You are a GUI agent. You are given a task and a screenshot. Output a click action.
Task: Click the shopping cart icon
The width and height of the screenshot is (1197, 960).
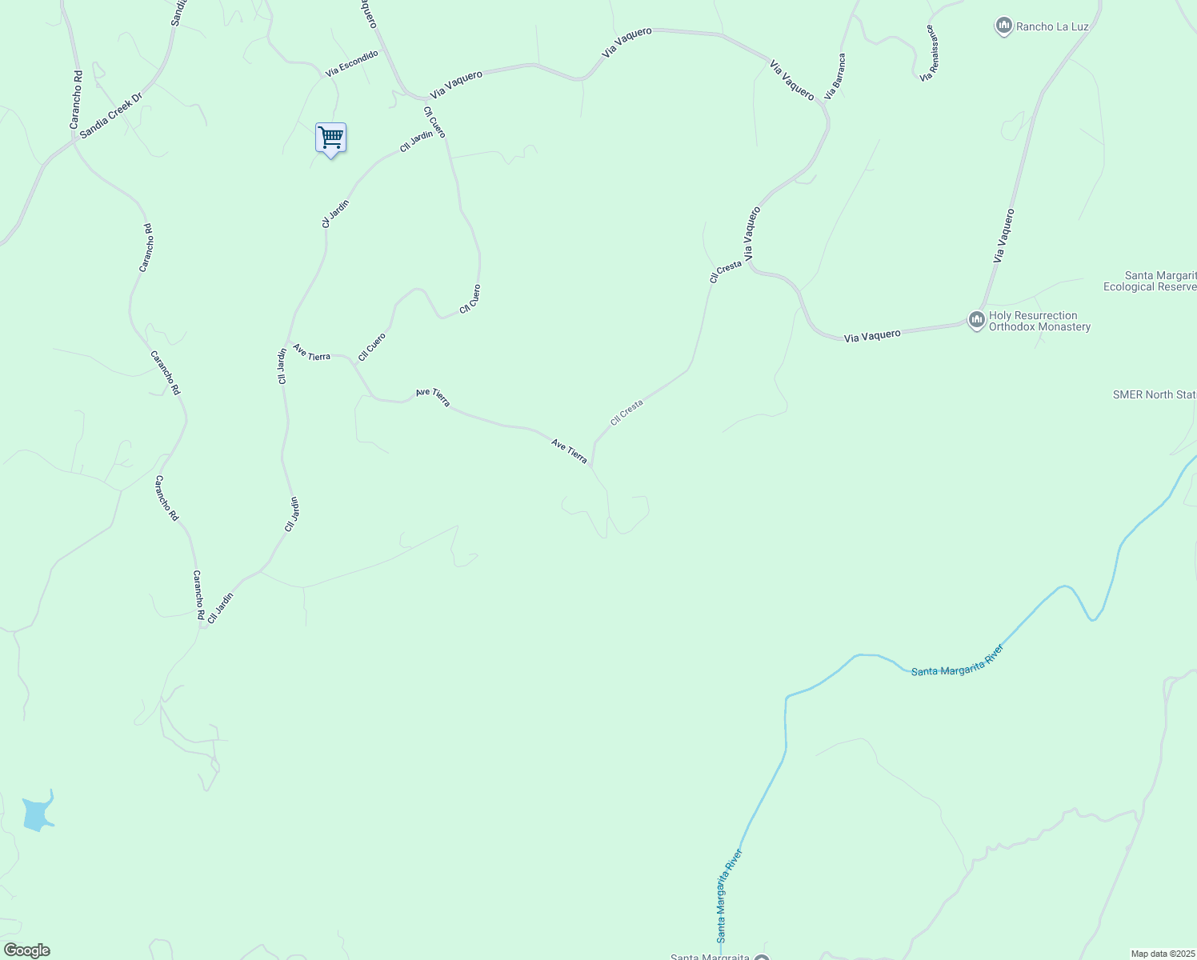pyautogui.click(x=330, y=138)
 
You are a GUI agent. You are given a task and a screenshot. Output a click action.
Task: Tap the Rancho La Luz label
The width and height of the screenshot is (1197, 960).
pyautogui.click(x=1052, y=26)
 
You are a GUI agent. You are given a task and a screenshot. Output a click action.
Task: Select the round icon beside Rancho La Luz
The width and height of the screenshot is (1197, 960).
pyautogui.click(x=1003, y=26)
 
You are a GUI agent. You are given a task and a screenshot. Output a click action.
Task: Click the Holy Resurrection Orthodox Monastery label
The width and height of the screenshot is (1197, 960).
pyautogui.click(x=1039, y=321)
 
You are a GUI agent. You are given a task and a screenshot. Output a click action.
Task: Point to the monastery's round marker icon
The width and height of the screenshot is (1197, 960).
pyautogui.click(x=976, y=321)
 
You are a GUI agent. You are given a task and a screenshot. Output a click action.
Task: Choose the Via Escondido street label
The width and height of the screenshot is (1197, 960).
pyautogui.click(x=352, y=63)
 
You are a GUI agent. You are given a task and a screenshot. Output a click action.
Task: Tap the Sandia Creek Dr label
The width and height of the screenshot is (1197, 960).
pyautogui.click(x=110, y=114)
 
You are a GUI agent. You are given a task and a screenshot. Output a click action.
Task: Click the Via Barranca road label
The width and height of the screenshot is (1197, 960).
pyautogui.click(x=835, y=77)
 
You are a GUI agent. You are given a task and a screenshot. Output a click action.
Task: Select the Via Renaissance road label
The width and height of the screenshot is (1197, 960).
pyautogui.click(x=929, y=53)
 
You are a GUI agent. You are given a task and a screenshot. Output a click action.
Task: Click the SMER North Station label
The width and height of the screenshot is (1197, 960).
pyautogui.click(x=1155, y=394)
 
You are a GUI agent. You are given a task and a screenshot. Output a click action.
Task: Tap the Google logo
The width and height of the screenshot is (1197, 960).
pyautogui.click(x=26, y=950)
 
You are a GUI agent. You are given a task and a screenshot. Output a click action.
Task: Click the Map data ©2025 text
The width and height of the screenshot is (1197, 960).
pyautogui.click(x=1163, y=954)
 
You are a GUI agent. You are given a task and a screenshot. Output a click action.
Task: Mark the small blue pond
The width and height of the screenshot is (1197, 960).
pyautogui.click(x=37, y=813)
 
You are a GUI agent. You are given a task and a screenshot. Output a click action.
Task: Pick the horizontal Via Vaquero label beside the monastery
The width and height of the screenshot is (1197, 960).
pyautogui.click(x=872, y=336)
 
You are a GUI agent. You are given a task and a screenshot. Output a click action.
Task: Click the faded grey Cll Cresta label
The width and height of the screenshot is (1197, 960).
pyautogui.click(x=627, y=412)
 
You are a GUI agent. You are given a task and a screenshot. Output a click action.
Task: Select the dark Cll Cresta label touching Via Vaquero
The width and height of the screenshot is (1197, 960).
pyautogui.click(x=726, y=272)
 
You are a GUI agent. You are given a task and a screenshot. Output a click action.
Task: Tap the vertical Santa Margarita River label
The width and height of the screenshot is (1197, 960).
pyautogui.click(x=730, y=896)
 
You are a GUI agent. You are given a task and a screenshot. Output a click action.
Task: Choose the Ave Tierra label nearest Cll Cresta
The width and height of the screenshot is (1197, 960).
pyautogui.click(x=569, y=451)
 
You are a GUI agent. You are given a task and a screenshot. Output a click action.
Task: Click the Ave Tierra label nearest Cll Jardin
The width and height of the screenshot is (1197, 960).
pyautogui.click(x=311, y=352)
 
